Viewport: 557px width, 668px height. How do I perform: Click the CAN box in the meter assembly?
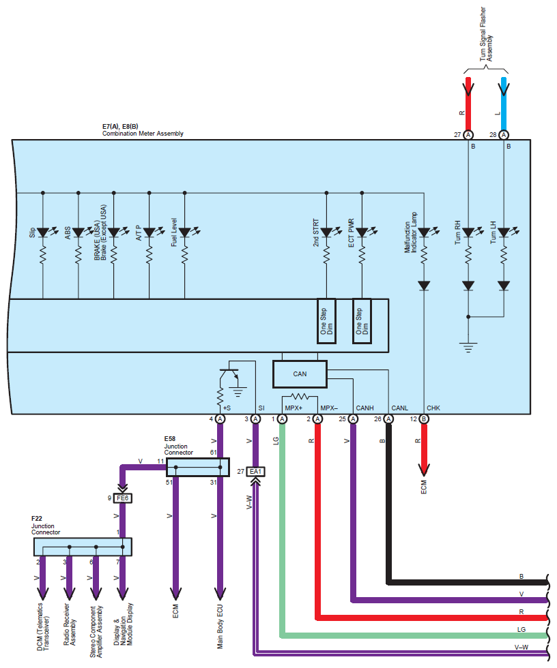tap(300, 374)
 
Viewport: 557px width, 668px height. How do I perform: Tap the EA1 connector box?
tap(256, 472)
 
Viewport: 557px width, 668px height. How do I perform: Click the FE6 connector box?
tap(124, 498)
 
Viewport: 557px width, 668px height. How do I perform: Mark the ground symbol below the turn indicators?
tap(468, 346)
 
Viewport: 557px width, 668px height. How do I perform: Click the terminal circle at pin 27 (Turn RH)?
tap(468, 135)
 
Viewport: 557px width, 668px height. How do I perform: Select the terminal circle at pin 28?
tap(504, 135)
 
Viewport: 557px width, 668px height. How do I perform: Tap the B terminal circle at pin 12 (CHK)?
tap(424, 419)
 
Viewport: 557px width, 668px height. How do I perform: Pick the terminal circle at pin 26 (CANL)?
tap(388, 419)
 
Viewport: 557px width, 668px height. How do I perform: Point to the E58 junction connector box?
tap(198, 467)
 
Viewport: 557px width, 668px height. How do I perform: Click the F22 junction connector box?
tap(83, 547)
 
